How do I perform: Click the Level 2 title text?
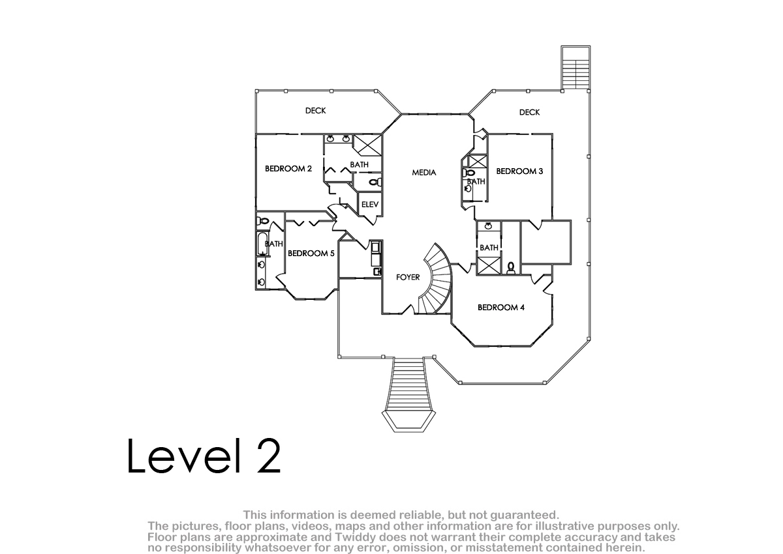click(x=204, y=456)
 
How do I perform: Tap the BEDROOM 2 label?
click(x=288, y=169)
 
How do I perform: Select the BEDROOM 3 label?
click(x=519, y=171)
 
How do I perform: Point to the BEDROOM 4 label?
click(x=501, y=308)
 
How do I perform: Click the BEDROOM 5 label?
click(x=311, y=254)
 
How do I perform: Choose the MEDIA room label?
click(x=424, y=173)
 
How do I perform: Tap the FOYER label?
click(x=408, y=277)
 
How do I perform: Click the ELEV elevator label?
click(x=370, y=205)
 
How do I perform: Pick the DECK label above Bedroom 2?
click(x=316, y=111)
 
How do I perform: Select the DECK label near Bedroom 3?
click(x=530, y=112)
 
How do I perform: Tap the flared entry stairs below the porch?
click(x=408, y=394)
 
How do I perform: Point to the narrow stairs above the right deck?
click(x=576, y=68)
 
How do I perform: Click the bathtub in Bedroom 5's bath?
click(x=262, y=243)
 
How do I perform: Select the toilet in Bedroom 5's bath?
click(x=262, y=221)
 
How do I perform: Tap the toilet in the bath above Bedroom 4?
click(x=511, y=268)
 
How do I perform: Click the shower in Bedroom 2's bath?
click(x=368, y=145)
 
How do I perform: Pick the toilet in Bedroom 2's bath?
click(x=375, y=182)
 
